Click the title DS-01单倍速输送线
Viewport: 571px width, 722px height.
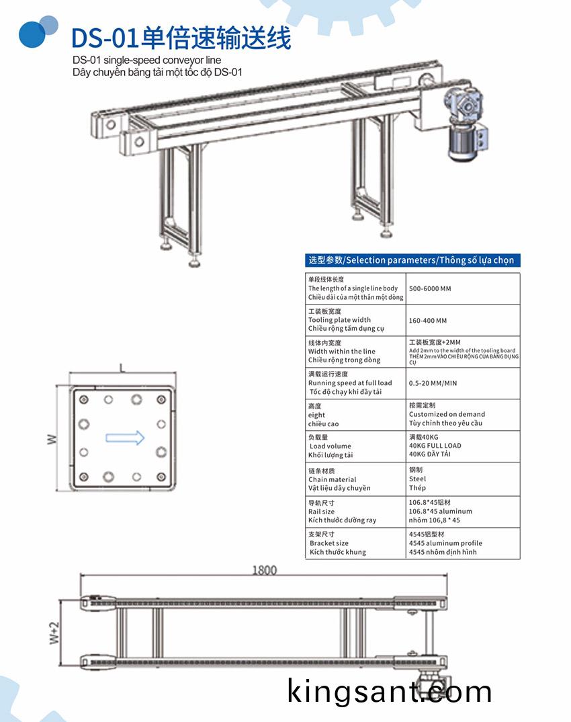point(181,38)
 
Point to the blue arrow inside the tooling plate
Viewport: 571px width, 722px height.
point(125,438)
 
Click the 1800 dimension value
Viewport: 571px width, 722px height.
point(264,570)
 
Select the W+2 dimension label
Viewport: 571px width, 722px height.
point(55,633)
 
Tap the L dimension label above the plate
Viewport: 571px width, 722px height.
point(122,368)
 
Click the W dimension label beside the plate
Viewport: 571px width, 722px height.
point(51,439)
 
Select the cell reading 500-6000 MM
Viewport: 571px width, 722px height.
point(430,288)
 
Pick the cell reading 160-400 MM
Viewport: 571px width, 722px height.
point(427,321)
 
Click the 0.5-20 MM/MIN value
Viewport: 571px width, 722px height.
point(433,383)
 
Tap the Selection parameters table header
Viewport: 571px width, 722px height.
point(412,260)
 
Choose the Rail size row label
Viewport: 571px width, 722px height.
point(322,512)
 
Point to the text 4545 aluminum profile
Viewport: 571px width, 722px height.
point(445,543)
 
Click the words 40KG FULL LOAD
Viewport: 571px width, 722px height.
point(435,446)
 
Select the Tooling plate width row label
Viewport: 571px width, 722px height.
point(339,320)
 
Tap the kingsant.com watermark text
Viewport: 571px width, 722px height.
point(390,691)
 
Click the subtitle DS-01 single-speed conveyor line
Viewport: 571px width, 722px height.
point(146,61)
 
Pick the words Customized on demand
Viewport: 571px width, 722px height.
point(447,414)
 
